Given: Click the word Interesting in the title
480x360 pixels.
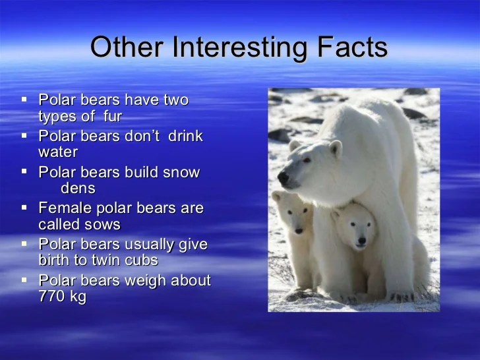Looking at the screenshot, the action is click(240, 47).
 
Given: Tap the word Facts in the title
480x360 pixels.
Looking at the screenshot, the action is click(352, 47).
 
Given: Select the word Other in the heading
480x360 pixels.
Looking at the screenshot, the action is click(127, 47).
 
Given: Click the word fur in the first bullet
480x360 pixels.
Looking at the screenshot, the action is click(113, 116).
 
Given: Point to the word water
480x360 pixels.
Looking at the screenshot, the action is click(58, 152).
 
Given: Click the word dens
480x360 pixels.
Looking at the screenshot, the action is click(78, 188).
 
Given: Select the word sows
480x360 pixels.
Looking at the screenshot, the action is click(103, 225).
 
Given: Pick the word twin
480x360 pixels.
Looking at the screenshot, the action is click(102, 260).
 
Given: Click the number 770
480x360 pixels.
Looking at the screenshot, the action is click(51, 296).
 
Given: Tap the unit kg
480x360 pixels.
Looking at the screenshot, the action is click(78, 297).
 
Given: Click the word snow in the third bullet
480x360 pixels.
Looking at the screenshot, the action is click(181, 173).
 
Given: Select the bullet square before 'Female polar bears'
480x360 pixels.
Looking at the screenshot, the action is click(24, 208).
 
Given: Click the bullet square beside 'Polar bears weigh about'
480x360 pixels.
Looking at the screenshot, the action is click(24, 280).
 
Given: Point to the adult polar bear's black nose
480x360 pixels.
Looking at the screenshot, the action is click(283, 177).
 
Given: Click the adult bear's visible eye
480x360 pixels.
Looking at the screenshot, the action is click(307, 160).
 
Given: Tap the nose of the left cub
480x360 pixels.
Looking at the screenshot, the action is click(299, 231).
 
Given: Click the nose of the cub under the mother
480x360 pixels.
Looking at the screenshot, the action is click(362, 241).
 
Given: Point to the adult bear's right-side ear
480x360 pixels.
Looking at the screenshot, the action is click(336, 148).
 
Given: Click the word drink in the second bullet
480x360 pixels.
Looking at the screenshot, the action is click(185, 136).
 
